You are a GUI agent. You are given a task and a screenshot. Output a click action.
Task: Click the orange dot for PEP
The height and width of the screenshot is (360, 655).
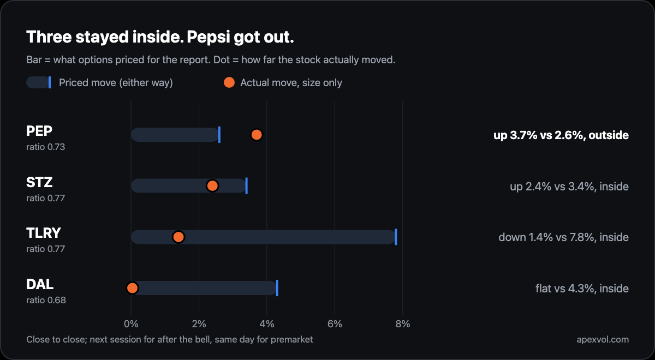point(257,135)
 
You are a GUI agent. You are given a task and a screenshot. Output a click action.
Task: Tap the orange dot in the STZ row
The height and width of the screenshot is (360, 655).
point(212,186)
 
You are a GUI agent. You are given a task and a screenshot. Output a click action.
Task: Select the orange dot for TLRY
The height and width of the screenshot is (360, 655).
point(178,237)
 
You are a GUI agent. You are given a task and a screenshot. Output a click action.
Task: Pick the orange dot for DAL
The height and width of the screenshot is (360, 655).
point(132,288)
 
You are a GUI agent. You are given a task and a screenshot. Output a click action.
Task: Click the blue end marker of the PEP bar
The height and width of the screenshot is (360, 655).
point(219,135)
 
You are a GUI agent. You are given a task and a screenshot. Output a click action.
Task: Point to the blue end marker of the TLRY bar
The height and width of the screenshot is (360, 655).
point(396,237)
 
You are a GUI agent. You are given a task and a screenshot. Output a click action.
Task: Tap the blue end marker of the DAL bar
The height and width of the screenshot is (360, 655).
point(277,288)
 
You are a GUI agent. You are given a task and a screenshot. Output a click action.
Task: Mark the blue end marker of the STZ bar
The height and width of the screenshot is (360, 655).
point(247,186)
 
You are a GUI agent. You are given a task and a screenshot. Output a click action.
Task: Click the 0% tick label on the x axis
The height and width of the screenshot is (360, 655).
point(131,324)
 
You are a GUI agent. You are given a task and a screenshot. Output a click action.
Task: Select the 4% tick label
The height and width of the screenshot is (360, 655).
point(267,324)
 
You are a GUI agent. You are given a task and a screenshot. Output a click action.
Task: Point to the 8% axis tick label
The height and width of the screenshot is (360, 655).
point(403,324)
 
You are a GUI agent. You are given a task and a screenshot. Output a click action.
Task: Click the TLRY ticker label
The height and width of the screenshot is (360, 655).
point(44,233)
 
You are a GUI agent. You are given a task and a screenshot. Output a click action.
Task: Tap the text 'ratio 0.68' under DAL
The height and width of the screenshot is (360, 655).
point(46,300)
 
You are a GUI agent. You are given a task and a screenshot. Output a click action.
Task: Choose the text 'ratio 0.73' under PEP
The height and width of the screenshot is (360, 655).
point(46,147)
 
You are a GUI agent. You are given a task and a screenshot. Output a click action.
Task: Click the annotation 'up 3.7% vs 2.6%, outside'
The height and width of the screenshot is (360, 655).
point(561,135)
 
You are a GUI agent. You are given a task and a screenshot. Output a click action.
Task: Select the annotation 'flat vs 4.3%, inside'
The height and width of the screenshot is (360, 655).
point(582,289)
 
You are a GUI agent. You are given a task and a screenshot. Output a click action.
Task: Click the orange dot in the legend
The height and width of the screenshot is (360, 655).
point(229,82)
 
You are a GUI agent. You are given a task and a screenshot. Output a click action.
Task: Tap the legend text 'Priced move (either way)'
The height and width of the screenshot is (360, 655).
point(116,83)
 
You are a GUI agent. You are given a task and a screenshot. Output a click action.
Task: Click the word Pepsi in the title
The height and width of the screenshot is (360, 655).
point(208,38)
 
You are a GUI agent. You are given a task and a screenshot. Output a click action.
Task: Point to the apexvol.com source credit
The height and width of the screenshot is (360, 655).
point(603,339)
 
